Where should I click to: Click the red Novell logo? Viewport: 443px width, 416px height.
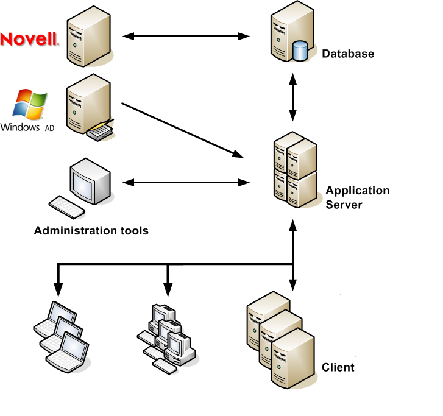29,40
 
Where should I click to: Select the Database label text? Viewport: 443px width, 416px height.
348,54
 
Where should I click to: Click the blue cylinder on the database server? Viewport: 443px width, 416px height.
300,51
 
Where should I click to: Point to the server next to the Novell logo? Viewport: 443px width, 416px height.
89,37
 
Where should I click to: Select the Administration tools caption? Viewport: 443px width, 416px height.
91,231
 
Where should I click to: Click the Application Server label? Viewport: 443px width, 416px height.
357,197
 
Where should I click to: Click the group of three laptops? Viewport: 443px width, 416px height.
61,335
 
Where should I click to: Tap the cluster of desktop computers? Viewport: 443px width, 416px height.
166,337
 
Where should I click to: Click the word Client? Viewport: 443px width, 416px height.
338,368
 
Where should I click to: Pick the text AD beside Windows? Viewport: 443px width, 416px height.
49,129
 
